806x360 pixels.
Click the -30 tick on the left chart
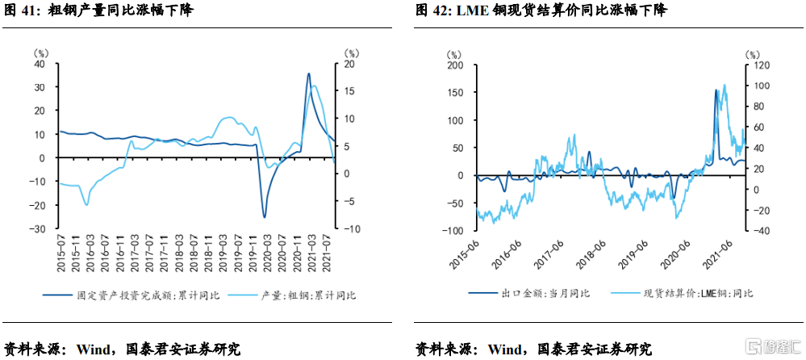[x=36, y=229]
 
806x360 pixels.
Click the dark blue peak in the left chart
[x=308, y=73]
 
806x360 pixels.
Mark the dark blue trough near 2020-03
[x=264, y=217]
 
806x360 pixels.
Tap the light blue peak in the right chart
[x=724, y=85]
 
